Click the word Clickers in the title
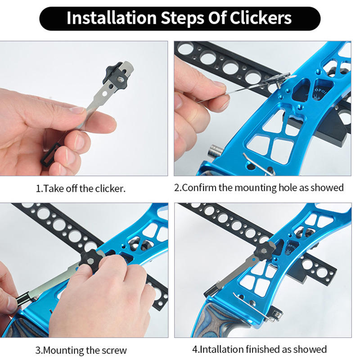pyautogui.click(x=261, y=18)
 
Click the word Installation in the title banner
pyautogui.click(x=111, y=18)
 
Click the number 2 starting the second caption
pyautogui.click(x=176, y=188)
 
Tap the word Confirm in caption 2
pyautogui.click(x=199, y=188)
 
